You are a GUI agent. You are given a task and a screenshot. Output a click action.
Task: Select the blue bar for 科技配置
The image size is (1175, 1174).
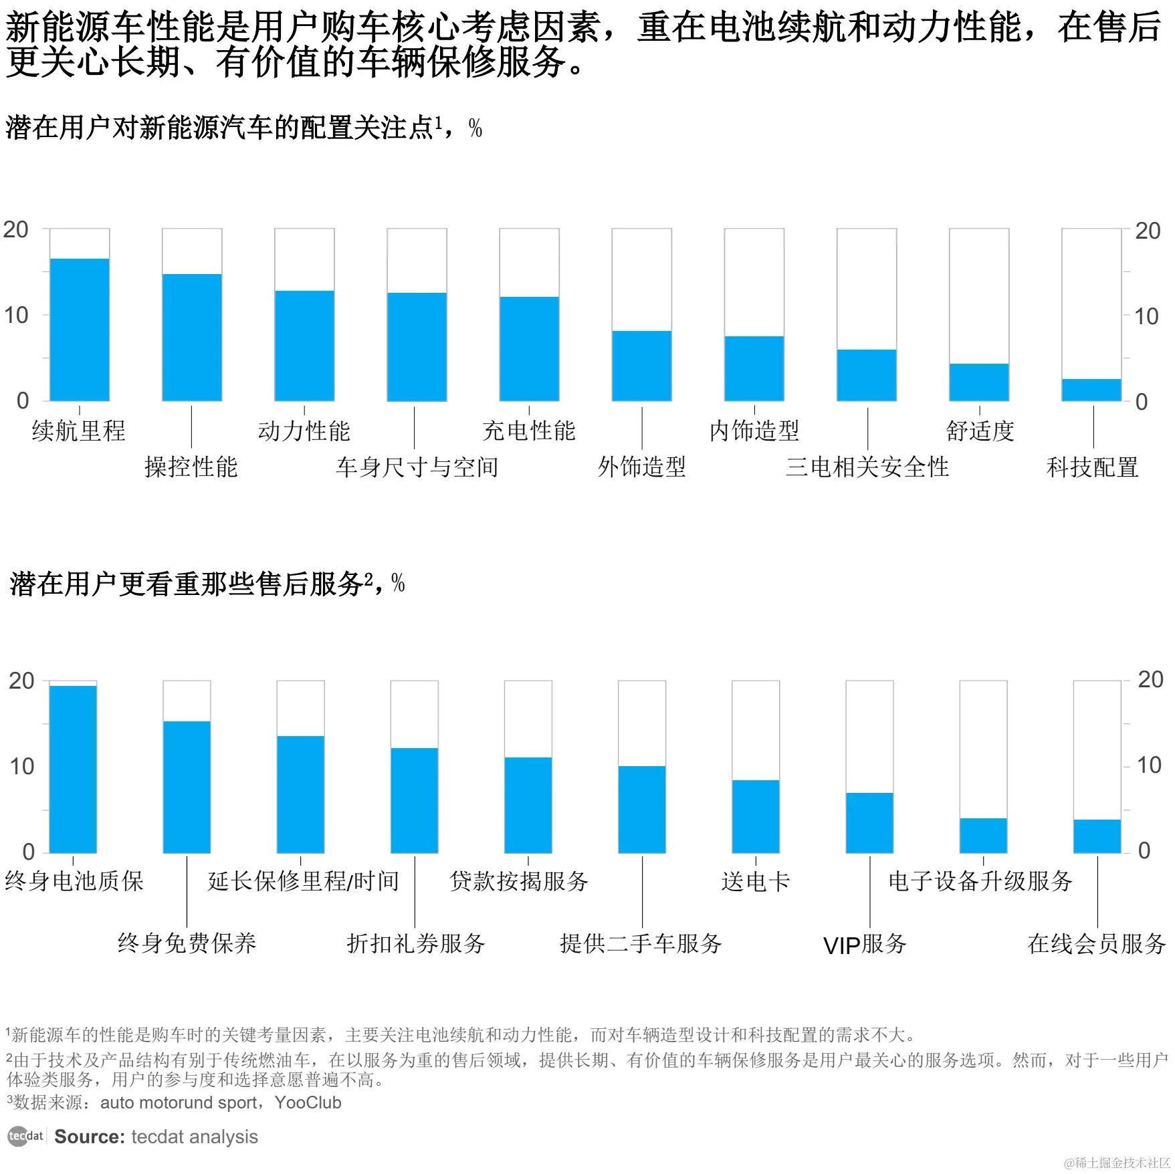coord(1091,390)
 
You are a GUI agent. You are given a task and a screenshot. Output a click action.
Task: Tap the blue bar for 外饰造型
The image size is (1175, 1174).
coord(641,366)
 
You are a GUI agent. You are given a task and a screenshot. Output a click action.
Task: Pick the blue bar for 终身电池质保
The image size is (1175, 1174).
coord(73,769)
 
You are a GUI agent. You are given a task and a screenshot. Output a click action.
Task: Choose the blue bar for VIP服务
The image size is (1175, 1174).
coord(869,822)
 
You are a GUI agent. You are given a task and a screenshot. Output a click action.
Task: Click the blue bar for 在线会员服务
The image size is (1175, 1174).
coord(1097,836)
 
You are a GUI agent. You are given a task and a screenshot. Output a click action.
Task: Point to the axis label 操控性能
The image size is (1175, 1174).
coord(191,467)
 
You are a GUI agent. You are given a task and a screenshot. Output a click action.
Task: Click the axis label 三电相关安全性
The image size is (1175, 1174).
coord(867,467)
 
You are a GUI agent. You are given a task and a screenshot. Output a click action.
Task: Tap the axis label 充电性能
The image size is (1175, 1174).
coord(529,431)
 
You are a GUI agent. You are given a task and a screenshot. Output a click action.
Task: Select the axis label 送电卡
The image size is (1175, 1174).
coord(756,881)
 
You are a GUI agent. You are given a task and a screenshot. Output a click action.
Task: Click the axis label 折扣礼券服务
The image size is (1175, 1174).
coord(415,943)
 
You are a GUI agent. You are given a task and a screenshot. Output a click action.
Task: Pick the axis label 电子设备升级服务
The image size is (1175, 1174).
coord(980,881)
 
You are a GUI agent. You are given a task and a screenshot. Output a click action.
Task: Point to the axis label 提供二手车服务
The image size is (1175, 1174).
coord(641,943)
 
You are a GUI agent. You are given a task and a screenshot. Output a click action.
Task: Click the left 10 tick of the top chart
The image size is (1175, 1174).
coord(16,315)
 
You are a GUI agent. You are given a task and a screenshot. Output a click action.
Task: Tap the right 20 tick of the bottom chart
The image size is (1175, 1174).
coord(1151,680)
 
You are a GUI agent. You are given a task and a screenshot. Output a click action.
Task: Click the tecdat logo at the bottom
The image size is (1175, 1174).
coord(25,1136)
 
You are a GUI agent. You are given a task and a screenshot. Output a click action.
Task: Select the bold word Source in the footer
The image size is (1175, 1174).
coord(90,1137)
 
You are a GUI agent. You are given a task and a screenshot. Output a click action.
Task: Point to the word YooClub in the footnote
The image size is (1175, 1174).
coord(308,1102)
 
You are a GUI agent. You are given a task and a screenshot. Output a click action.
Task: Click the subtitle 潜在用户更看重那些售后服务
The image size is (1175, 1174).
coord(187,584)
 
